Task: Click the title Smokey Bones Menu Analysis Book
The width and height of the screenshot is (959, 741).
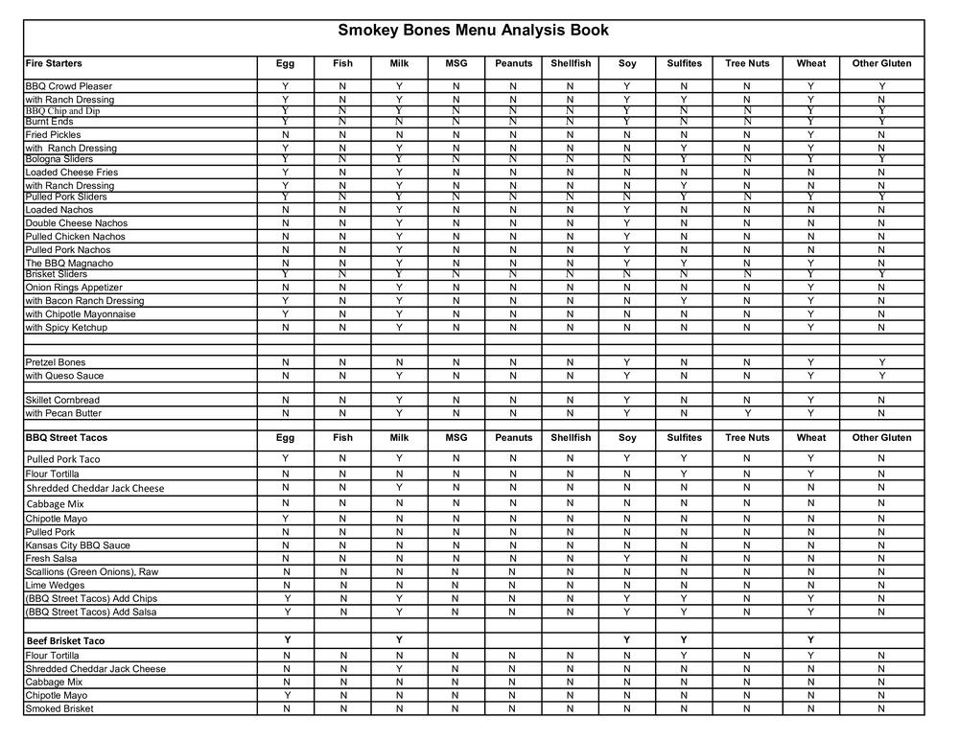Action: pyautogui.click(x=473, y=31)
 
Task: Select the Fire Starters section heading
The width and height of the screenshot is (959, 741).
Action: pyautogui.click(x=54, y=63)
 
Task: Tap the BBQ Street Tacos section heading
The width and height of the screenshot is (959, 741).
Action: pyautogui.click(x=66, y=437)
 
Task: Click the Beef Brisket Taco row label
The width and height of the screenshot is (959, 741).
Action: pyautogui.click(x=65, y=640)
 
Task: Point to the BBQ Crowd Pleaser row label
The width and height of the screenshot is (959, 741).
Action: pyautogui.click(x=69, y=86)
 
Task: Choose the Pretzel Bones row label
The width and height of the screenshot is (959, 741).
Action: pyautogui.click(x=56, y=362)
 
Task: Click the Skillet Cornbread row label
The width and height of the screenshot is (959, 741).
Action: pyautogui.click(x=62, y=400)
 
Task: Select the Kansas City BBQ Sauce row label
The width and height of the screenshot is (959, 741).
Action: pyautogui.click(x=78, y=545)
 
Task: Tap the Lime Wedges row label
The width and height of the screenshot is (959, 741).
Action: pyautogui.click(x=55, y=585)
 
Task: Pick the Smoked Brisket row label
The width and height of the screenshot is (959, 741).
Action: pyautogui.click(x=59, y=708)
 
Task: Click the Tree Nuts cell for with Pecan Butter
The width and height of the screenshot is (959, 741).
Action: pyautogui.click(x=747, y=413)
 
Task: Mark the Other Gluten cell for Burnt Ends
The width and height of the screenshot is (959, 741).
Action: pyautogui.click(x=881, y=122)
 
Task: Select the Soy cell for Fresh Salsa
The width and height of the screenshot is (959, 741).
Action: pyautogui.click(x=626, y=558)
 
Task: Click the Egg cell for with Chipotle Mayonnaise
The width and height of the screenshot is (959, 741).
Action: pyautogui.click(x=285, y=313)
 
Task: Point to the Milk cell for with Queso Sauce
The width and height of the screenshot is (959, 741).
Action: pyautogui.click(x=399, y=376)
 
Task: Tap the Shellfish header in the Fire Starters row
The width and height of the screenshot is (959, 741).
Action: pyautogui.click(x=571, y=63)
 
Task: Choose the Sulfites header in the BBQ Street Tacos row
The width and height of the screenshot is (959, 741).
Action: pyautogui.click(x=684, y=437)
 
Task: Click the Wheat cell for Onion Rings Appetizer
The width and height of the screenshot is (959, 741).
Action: pyautogui.click(x=810, y=287)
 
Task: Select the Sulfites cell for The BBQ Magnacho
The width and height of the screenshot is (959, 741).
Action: pyautogui.click(x=684, y=263)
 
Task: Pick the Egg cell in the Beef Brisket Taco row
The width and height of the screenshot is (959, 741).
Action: pyautogui.click(x=285, y=639)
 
